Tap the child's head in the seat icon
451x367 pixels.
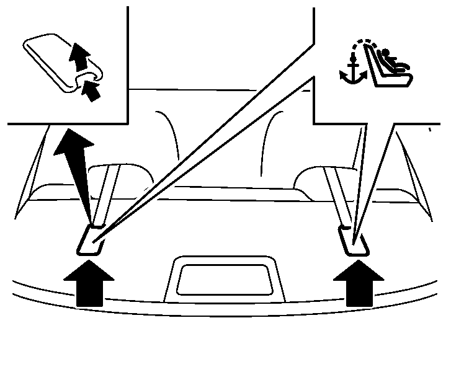[x=385, y=55]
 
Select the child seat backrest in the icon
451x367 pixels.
[x=375, y=65]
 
